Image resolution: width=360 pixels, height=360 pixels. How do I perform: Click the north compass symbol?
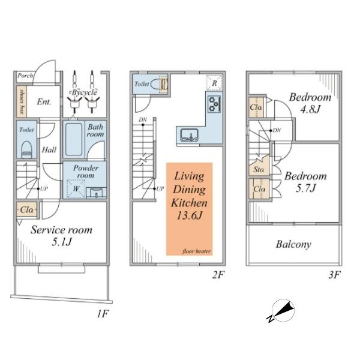tap(282, 311)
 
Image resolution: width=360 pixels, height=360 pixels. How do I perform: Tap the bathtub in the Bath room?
tap(74, 139)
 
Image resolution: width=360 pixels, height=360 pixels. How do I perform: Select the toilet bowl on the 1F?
tap(26, 149)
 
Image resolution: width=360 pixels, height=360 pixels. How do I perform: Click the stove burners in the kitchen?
tap(214, 104)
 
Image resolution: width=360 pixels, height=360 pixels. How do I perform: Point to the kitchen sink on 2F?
tap(189, 135)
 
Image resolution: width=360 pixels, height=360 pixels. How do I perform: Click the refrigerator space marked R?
tap(214, 83)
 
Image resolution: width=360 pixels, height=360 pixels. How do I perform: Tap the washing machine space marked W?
tap(76, 189)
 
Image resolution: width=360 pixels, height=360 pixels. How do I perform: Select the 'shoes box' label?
tap(22, 102)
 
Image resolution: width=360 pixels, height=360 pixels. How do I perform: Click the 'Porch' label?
tap(25, 76)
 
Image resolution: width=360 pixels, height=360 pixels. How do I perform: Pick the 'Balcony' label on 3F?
tap(293, 244)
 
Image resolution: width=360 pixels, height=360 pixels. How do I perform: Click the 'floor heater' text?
tap(197, 251)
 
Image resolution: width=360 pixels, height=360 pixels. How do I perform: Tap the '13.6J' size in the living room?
tap(190, 215)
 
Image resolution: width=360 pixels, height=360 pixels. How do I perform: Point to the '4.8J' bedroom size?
tap(310, 109)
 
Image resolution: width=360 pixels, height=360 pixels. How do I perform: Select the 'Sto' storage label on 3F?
tap(259, 170)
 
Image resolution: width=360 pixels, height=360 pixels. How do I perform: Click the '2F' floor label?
tap(218, 275)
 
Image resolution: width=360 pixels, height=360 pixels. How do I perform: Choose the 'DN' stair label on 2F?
tap(143, 119)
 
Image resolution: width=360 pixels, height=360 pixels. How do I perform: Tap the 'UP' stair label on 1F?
tap(44, 189)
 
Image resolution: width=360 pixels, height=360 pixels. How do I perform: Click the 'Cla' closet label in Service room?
tap(26, 209)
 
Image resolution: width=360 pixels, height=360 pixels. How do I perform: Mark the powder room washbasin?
tap(96, 193)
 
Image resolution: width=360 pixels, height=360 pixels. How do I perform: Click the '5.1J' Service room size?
tap(62, 242)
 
